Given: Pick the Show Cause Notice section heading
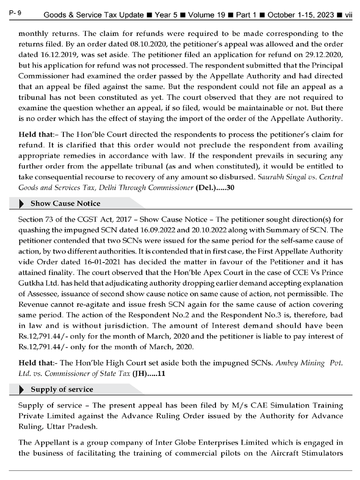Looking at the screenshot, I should click(59, 204).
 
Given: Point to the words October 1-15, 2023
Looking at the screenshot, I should click(301, 15).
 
